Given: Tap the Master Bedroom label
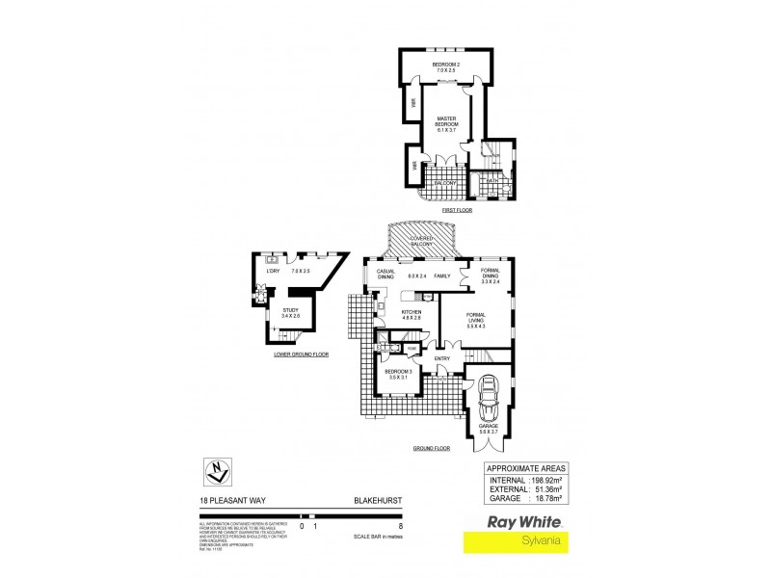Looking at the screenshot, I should point(445,123).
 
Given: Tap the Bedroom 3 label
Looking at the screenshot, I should point(399,374).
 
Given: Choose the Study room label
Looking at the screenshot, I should point(291,312).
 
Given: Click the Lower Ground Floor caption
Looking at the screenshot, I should point(302,355).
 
